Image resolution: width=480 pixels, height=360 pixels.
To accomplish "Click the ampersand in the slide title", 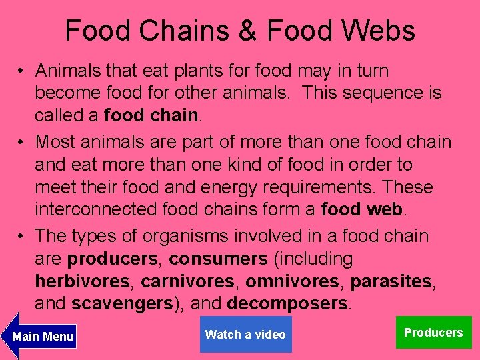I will (x=251, y=31).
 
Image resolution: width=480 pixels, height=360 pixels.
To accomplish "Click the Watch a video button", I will (x=245, y=335).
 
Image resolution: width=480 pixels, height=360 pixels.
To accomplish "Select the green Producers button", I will (x=433, y=333).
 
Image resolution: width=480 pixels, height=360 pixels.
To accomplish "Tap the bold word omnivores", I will (x=292, y=281).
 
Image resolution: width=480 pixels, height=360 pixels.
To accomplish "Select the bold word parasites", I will (x=391, y=281).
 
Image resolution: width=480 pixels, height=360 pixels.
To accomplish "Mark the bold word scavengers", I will (x=122, y=304).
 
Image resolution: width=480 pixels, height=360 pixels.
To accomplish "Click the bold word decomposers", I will (x=287, y=304).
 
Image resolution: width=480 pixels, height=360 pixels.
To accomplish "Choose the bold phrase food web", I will (x=362, y=209).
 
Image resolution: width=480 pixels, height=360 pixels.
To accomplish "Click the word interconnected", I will (x=96, y=209).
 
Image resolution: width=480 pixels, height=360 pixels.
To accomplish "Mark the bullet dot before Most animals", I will (x=22, y=142).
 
